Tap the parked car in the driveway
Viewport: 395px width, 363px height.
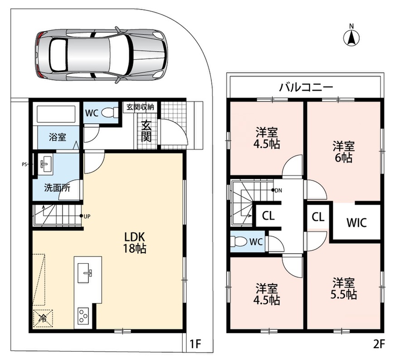tap(101, 55)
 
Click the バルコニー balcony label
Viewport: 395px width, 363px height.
tap(306, 87)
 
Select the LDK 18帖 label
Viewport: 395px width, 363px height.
tap(135, 243)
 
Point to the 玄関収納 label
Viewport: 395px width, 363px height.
tap(140, 107)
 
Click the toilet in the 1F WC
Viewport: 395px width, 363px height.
tap(110, 113)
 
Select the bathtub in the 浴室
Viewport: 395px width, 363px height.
tap(56, 113)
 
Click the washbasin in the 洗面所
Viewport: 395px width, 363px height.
tap(46, 163)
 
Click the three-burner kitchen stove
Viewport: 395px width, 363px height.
tap(83, 315)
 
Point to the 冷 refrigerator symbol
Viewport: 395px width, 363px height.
tap(43, 319)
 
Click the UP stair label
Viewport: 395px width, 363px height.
tap(87, 216)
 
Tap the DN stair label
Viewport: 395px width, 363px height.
tap(279, 191)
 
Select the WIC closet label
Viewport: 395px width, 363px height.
tap(356, 223)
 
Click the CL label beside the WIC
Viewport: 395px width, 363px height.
tap(318, 217)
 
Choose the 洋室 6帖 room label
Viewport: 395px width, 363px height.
tap(343, 152)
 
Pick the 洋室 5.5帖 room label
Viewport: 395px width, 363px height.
tap(343, 289)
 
